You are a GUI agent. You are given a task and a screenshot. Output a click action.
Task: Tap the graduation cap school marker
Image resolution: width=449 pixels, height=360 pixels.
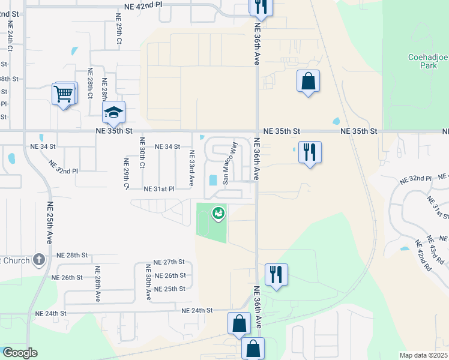point(113,112)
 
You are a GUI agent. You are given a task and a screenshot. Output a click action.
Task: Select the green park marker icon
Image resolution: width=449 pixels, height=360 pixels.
point(219,212)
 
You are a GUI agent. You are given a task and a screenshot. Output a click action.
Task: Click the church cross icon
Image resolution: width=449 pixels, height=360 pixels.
point(39,259)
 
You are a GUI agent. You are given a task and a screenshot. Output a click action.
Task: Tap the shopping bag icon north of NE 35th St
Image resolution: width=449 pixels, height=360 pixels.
point(308,82)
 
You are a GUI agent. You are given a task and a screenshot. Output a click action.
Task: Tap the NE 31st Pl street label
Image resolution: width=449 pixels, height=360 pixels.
point(159,189)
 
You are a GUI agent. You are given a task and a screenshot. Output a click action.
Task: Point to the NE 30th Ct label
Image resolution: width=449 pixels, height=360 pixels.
point(142,154)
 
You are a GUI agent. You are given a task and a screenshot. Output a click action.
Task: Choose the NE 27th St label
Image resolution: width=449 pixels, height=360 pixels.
point(169,262)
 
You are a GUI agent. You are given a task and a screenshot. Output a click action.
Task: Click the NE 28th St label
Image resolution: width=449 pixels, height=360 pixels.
point(73,256)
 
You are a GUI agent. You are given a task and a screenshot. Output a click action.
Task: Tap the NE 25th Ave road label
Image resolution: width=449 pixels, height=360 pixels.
point(50,222)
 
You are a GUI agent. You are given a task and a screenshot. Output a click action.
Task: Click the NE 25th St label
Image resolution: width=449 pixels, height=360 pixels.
point(170,289)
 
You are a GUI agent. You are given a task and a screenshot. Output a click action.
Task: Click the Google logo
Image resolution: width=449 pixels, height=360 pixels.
point(20,353)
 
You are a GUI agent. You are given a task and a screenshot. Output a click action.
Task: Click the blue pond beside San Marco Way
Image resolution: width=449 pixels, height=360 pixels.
point(212,180)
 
